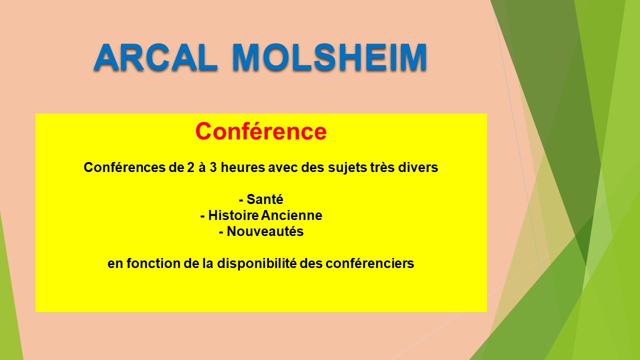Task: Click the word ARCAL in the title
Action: [155, 57]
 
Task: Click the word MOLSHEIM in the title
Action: [330, 57]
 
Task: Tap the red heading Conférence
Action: [261, 131]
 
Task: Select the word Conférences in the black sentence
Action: [124, 167]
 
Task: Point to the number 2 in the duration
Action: [190, 167]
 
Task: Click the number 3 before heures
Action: [213, 167]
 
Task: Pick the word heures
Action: [243, 167]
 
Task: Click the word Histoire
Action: [233, 215]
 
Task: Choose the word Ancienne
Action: [291, 215]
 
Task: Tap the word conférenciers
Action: [369, 263]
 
